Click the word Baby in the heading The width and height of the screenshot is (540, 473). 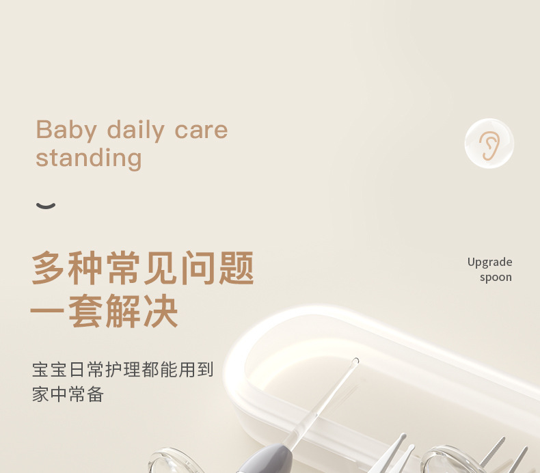click(66, 131)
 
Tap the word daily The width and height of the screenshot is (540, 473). click(136, 131)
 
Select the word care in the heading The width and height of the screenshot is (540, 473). click(201, 131)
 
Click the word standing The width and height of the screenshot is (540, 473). click(88, 159)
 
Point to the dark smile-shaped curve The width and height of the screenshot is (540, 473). click(46, 206)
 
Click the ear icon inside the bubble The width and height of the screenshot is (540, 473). click(489, 146)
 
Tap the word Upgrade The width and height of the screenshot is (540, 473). click(489, 262)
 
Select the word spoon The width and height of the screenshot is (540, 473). click(496, 278)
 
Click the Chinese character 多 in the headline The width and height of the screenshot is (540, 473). click(49, 268)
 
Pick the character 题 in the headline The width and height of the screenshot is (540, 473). click(237, 268)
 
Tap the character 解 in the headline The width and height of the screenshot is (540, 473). click(123, 311)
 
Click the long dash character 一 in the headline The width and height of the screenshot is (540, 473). click(47, 311)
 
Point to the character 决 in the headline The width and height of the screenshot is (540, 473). click(161, 311)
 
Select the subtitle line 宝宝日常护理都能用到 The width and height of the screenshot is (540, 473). click(123, 369)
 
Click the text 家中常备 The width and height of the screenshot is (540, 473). click(68, 394)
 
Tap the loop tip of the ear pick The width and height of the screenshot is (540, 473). click(355, 361)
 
